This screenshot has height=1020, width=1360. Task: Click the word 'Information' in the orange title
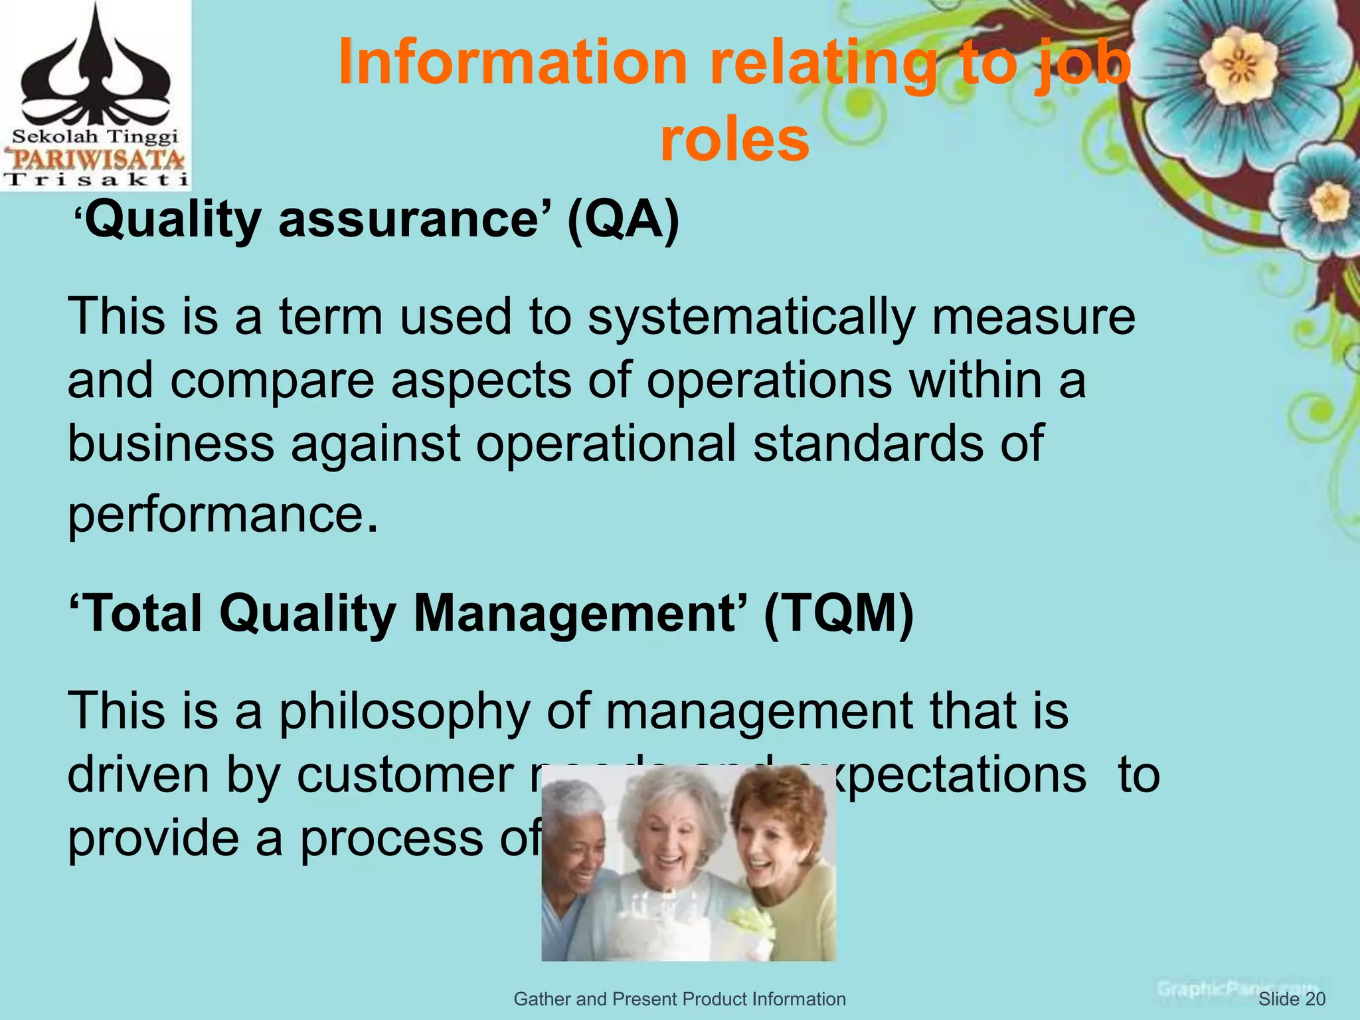512,63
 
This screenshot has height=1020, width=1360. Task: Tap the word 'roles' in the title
734,140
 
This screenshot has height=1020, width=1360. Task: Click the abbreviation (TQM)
839,613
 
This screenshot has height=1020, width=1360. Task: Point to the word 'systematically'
752,317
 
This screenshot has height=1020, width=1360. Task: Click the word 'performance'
216,515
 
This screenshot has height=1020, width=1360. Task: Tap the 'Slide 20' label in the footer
1292,999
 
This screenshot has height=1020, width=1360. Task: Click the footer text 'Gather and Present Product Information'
679,999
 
